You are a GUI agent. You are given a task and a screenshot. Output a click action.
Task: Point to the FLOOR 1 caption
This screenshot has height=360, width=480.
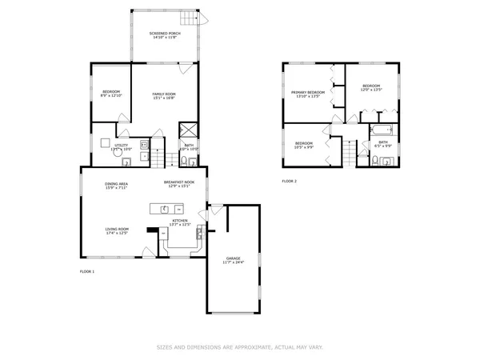click(x=86, y=272)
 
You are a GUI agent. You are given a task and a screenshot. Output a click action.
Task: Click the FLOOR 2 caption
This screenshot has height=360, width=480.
click(x=289, y=182)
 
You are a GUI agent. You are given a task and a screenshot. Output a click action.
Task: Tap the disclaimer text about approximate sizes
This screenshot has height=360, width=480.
click(x=239, y=347)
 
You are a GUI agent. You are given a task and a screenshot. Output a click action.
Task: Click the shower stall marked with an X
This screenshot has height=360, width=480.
click(x=189, y=130)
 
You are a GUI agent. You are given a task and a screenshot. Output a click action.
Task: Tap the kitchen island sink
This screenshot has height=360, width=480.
click(x=165, y=210)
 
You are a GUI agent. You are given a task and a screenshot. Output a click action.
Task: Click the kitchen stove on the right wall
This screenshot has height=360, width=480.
click(x=201, y=231)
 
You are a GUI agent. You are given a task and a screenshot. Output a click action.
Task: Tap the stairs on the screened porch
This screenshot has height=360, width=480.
click(x=189, y=19)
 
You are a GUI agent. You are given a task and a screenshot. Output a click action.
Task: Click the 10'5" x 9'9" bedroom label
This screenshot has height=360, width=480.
click(x=303, y=145)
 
